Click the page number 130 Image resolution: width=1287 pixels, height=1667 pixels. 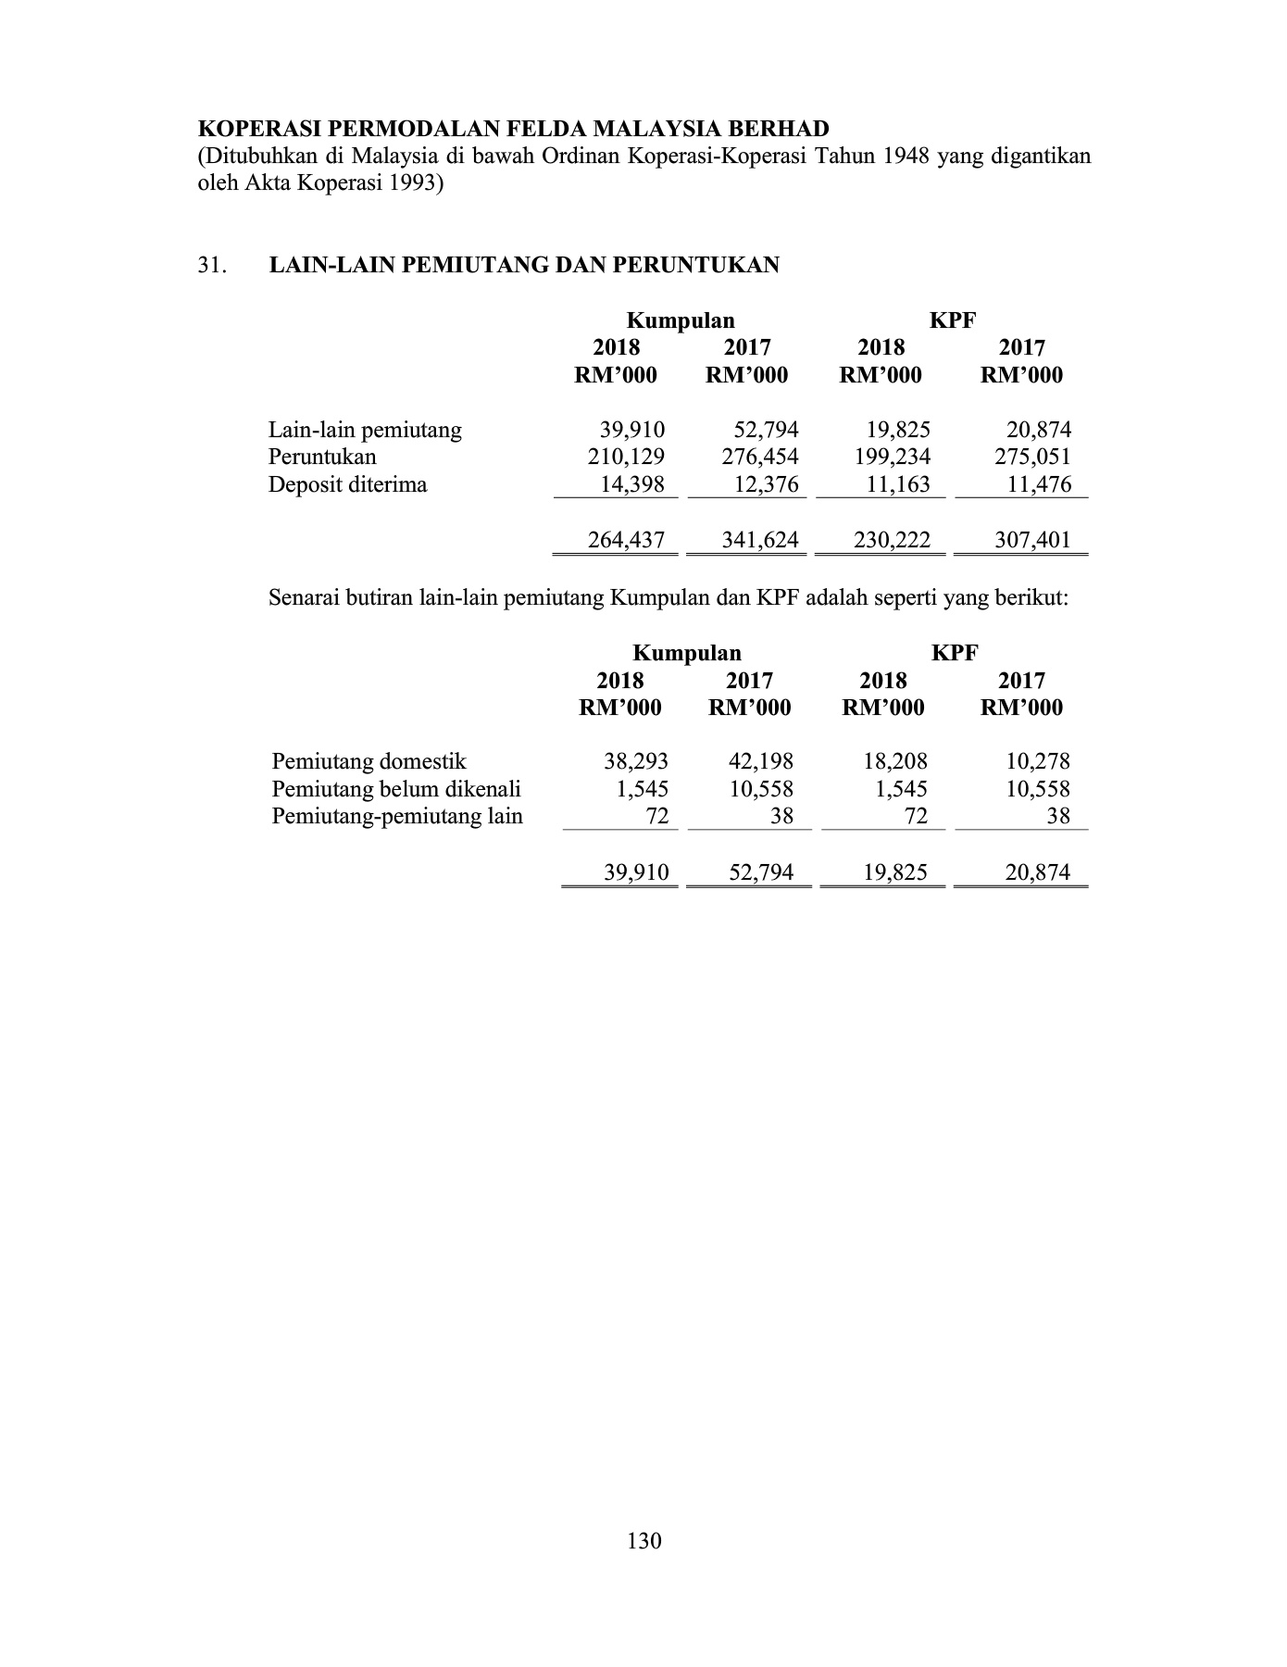644,1541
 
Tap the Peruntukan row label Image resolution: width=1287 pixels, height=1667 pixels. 322,457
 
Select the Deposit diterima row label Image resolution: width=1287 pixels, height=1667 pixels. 347,484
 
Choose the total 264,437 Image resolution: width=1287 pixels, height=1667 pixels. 627,540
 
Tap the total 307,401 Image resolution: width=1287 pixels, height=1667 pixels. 1032,540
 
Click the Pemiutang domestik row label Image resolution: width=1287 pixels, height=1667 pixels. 369,762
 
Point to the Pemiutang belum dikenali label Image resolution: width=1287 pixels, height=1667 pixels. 396,789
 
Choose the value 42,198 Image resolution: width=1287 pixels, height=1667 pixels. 761,762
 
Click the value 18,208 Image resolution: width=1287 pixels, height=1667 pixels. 895,762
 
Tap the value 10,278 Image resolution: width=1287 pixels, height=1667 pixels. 1038,762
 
